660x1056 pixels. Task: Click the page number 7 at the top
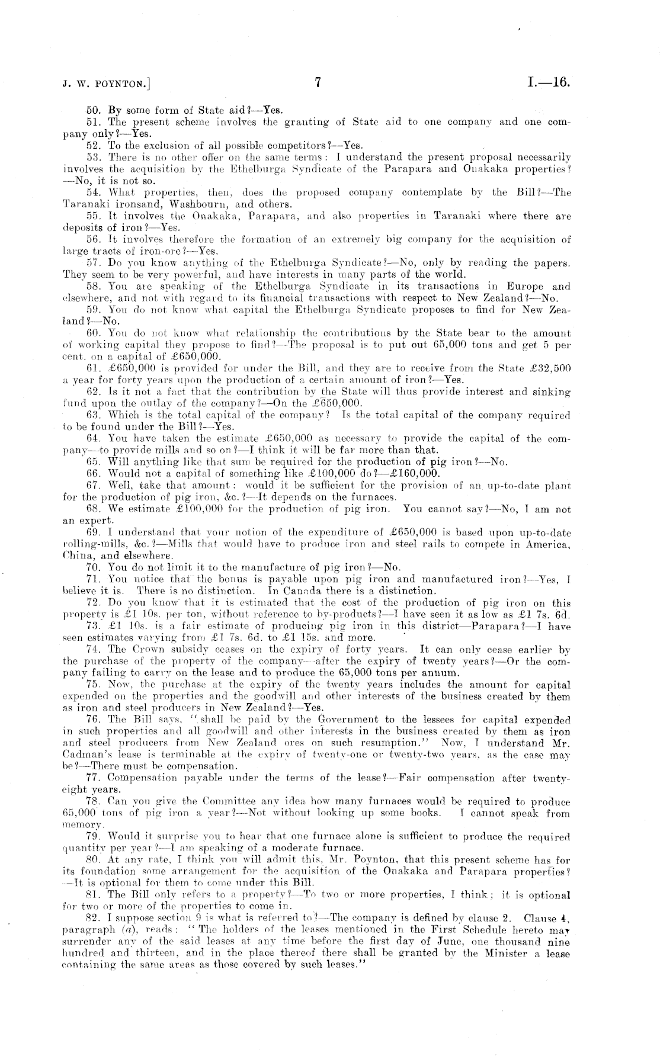318,83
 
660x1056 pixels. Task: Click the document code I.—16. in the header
548,83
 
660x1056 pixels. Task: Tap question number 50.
93,110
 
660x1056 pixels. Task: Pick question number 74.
93,649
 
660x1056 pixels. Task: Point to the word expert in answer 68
91,521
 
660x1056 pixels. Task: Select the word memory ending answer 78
81,824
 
